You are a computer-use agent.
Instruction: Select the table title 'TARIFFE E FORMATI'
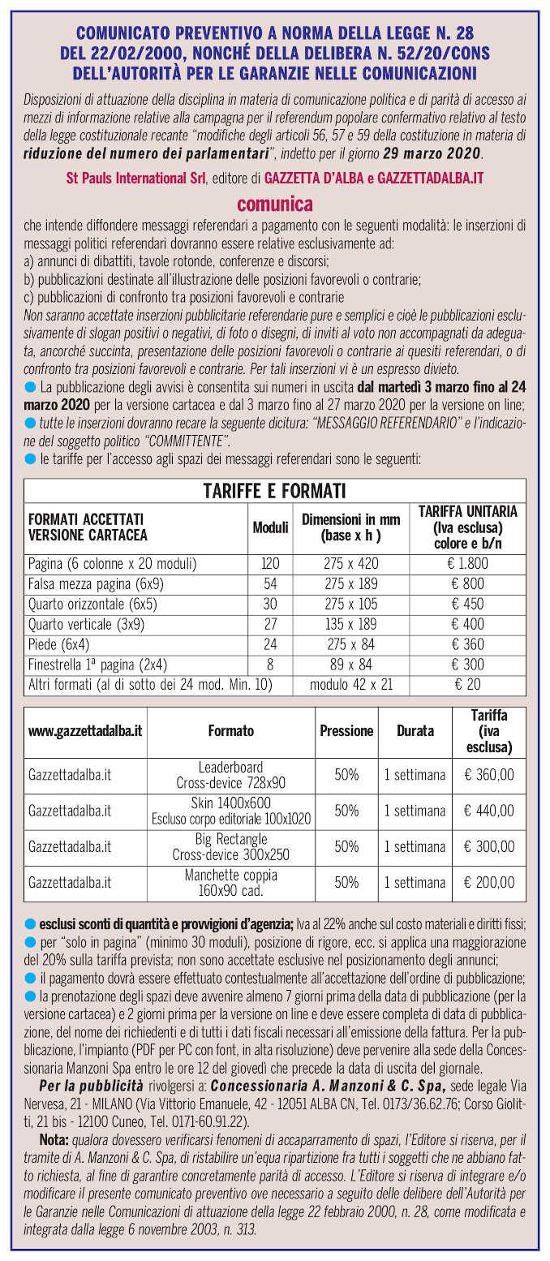tap(274, 490)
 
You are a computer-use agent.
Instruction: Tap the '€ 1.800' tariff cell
tap(473, 562)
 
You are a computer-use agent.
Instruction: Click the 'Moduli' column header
tap(270, 527)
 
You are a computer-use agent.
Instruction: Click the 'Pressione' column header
tap(346, 731)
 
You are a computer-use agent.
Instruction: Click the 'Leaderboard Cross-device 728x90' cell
tap(231, 774)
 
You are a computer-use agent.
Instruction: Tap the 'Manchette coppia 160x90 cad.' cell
tap(231, 882)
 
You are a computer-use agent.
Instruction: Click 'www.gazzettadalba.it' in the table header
tap(85, 731)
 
